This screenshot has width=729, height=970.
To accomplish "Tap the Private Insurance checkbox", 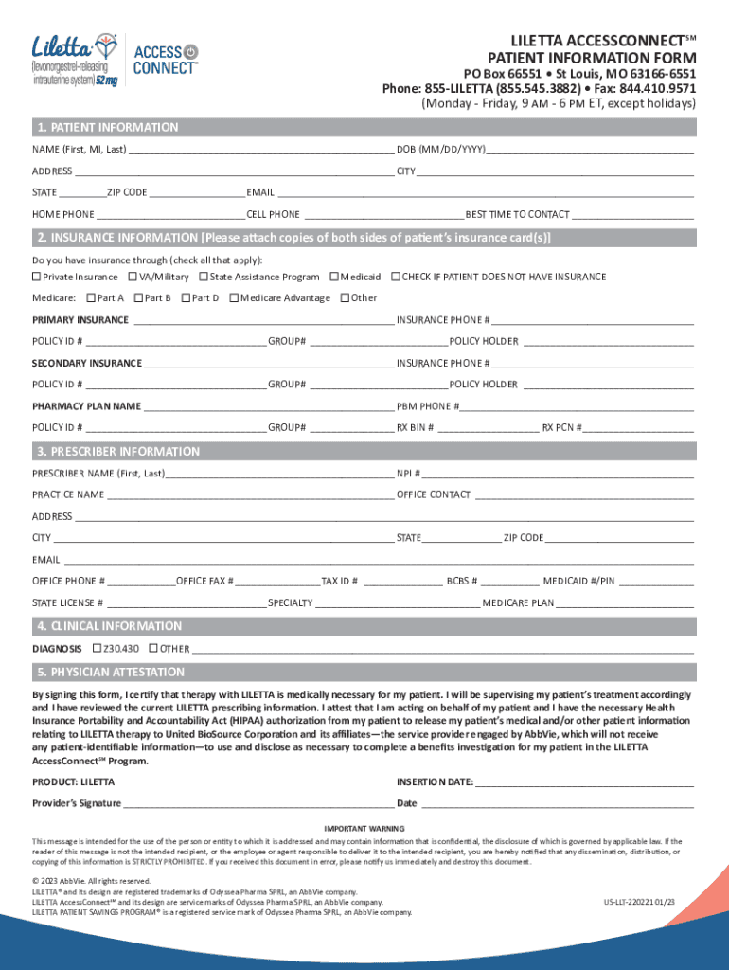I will [37, 277].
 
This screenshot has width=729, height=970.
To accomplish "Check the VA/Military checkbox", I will [132, 277].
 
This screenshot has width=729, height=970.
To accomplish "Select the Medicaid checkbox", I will [333, 277].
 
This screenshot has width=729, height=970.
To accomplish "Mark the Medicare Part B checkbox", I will [139, 298].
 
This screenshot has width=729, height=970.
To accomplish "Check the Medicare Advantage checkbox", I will [234, 298].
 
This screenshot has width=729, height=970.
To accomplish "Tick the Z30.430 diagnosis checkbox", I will [97, 649].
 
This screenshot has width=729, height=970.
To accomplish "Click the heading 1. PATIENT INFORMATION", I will [106, 127].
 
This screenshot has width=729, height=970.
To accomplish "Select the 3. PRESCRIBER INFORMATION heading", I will [117, 451].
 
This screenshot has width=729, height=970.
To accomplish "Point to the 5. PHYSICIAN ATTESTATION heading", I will [110, 672].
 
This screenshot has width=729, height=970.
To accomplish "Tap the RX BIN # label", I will [415, 427].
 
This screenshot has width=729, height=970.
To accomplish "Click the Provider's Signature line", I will [256, 803].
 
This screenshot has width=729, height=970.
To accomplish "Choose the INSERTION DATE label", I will [434, 782].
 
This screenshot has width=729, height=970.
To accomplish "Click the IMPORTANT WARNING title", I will [364, 829].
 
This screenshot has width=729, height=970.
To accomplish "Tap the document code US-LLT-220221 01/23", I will [639, 903].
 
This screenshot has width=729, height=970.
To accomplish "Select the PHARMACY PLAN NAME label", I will [86, 406].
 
